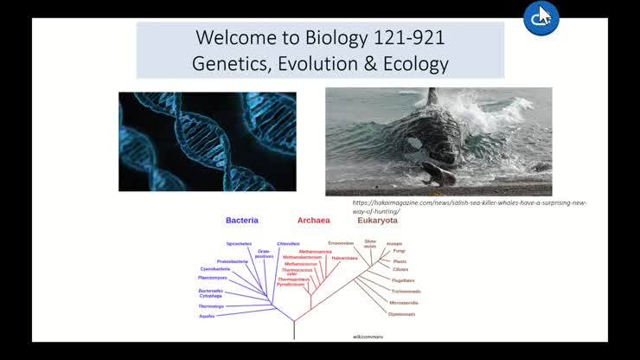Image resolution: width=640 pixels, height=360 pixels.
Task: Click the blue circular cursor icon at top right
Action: [x=541, y=17]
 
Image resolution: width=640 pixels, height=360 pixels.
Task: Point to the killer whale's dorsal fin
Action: [x=431, y=98]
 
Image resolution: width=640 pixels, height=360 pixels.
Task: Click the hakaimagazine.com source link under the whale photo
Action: [x=469, y=207]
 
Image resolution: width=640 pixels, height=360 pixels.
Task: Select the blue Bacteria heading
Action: [x=242, y=221]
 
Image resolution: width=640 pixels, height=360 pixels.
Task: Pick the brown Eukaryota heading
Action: [x=377, y=221]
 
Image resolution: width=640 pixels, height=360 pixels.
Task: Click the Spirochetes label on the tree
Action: [x=239, y=244]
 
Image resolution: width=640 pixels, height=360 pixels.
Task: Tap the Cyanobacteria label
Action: [x=215, y=269]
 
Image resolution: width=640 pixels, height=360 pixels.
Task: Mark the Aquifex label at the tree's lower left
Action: [x=207, y=316]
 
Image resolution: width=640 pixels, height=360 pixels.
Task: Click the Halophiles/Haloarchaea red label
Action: [x=344, y=258]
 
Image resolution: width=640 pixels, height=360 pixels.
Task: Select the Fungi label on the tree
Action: [x=399, y=251]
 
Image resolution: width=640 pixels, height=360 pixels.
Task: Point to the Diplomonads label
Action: [x=401, y=314]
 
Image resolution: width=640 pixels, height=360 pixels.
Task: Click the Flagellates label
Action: [x=403, y=280]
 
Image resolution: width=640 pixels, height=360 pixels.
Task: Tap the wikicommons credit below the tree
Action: [x=368, y=336]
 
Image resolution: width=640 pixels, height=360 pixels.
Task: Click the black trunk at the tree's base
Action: [x=294, y=329]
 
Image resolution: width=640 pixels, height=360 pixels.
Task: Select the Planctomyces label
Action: [x=213, y=278]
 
